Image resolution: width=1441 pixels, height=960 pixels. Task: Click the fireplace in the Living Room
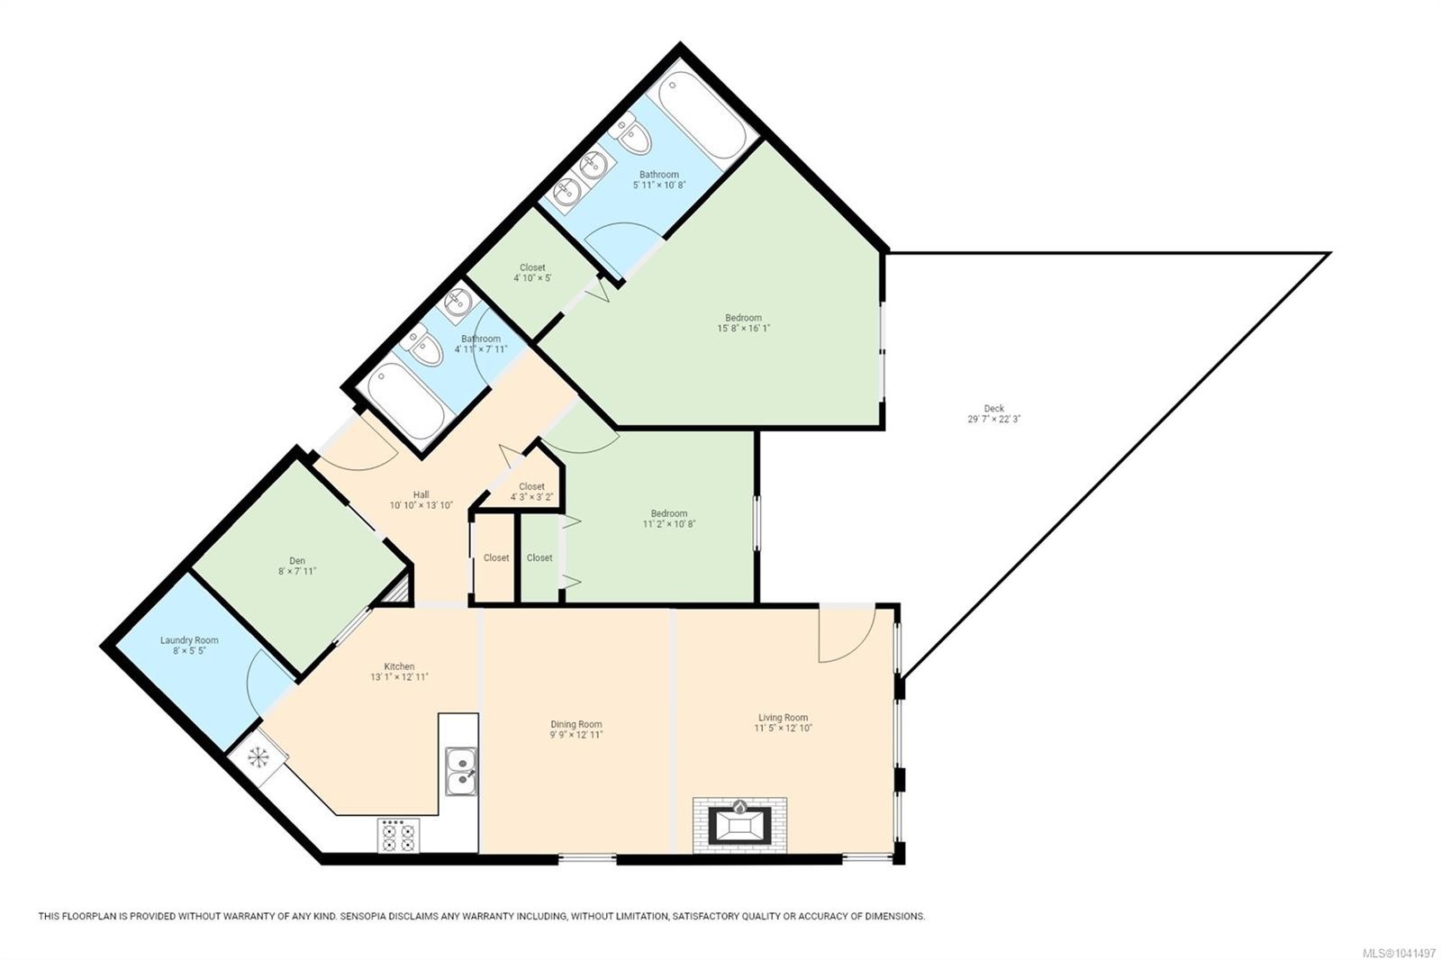coord(739,826)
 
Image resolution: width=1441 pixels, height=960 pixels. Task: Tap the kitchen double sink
coord(461,772)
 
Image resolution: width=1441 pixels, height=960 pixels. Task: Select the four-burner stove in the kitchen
coord(398,836)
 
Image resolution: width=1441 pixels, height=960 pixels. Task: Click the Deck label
coord(994,408)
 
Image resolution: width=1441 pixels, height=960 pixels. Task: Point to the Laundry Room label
coord(189,640)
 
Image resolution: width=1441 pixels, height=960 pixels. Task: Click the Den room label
coord(296,560)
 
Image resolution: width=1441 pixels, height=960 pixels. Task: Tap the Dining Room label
coord(575,724)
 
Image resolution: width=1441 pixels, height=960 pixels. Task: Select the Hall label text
coord(421,494)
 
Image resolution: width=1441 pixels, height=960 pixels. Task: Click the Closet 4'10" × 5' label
coord(532,273)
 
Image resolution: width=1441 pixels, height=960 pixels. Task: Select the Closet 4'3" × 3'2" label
coord(531,492)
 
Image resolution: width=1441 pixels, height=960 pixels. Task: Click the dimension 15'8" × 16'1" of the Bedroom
coord(744,328)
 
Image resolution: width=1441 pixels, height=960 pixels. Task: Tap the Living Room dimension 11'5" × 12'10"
coord(783,728)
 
